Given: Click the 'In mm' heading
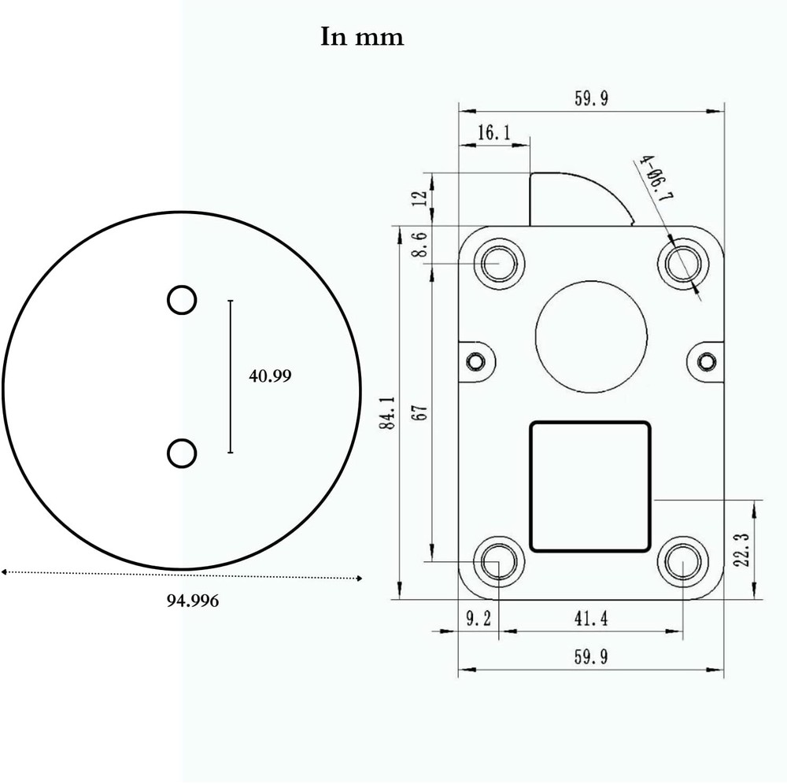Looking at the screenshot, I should click(x=362, y=37).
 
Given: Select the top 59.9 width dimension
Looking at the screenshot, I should click(x=591, y=98).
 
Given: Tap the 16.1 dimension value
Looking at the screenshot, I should click(x=493, y=133).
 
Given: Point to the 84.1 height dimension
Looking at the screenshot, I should click(x=386, y=412).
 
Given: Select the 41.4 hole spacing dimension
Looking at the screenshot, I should click(x=591, y=619).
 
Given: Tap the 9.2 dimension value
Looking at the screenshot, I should click(x=478, y=619).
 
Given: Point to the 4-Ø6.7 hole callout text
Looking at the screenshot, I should click(x=654, y=179).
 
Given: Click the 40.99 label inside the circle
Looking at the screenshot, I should click(x=270, y=376).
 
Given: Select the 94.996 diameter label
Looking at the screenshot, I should click(x=193, y=601).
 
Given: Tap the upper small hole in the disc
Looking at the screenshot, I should click(x=182, y=300).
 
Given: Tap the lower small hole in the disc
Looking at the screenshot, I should click(x=182, y=453).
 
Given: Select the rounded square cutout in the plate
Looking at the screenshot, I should click(x=590, y=486).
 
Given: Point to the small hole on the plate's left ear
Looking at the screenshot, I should click(x=475, y=361).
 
